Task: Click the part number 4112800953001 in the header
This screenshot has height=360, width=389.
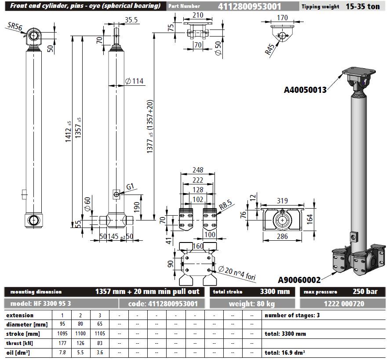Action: tap(250, 6)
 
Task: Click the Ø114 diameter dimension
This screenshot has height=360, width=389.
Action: tap(135, 81)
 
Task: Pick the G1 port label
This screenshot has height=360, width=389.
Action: tap(130, 187)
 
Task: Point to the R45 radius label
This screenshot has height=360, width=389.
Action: tap(271, 49)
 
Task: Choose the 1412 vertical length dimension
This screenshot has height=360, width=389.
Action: tap(69, 131)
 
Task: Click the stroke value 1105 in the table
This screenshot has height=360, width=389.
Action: tap(99, 334)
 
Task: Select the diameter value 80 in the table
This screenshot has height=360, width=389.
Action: tap(80, 325)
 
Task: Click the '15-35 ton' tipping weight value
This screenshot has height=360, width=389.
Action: tap(362, 7)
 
